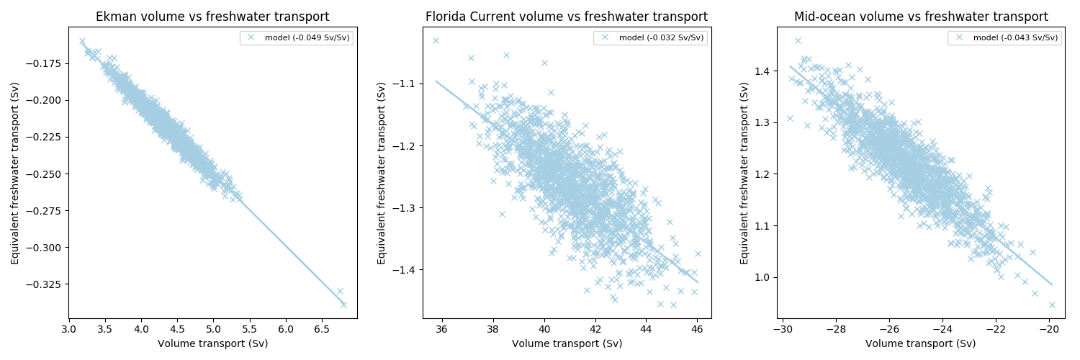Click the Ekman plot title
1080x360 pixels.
[x=212, y=17]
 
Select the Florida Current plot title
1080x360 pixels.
[x=567, y=17]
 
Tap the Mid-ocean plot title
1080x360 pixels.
[x=921, y=17]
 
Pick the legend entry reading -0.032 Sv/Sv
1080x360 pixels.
[x=652, y=37]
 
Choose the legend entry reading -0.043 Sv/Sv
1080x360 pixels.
[x=1007, y=37]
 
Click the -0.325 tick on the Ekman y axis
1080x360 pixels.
[x=43, y=284]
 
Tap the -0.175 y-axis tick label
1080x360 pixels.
[x=43, y=63]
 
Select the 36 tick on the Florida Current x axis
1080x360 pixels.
[x=441, y=328]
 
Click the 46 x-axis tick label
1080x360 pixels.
[x=697, y=328]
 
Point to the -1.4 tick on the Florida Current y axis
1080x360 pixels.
[x=401, y=270]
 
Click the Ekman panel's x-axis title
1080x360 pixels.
[x=212, y=343]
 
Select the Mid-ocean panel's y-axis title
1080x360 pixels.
[x=744, y=173]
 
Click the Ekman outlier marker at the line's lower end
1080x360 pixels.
[x=343, y=304]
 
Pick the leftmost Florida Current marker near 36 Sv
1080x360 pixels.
[x=436, y=40]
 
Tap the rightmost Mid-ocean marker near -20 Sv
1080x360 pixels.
[x=1052, y=305]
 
